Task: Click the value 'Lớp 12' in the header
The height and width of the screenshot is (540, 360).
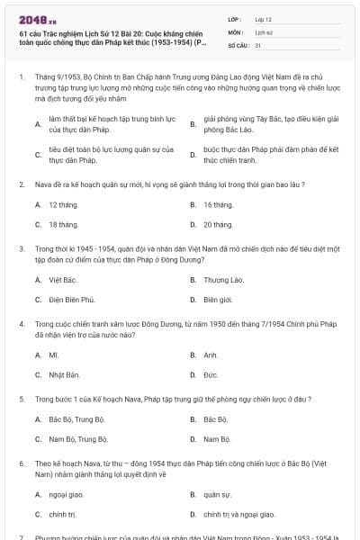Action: tap(264, 18)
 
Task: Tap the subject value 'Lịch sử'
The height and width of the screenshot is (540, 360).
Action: tap(263, 31)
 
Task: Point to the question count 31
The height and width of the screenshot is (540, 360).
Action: tap(258, 44)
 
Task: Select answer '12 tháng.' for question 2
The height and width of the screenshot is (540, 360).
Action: tap(64, 205)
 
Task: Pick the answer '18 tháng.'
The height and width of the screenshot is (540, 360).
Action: tap(64, 224)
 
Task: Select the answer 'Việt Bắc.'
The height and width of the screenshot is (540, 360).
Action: tap(62, 280)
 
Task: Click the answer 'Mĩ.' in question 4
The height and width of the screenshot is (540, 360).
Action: tap(54, 355)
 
